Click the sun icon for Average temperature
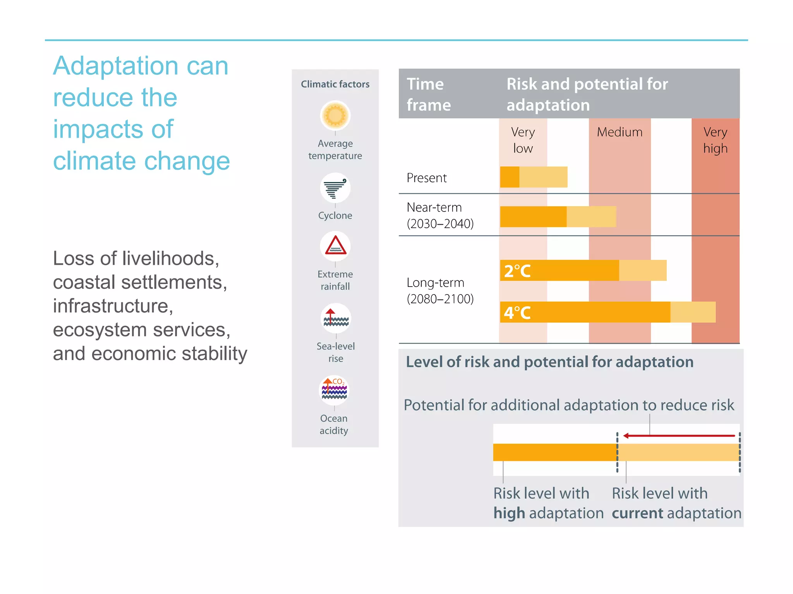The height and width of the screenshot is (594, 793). click(335, 116)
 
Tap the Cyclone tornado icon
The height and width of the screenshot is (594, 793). click(335, 188)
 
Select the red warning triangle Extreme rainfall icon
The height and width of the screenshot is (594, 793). click(335, 246)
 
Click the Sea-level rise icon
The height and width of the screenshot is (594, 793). click(336, 318)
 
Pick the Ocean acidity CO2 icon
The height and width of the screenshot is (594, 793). click(334, 390)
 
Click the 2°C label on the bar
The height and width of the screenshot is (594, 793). click(517, 271)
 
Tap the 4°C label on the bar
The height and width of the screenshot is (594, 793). click(517, 312)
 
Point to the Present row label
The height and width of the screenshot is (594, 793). click(426, 178)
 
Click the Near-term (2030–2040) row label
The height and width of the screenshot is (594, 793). click(440, 215)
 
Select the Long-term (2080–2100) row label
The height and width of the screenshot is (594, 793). click(440, 290)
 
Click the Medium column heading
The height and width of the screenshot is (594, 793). click(620, 132)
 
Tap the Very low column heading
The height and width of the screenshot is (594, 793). click(523, 140)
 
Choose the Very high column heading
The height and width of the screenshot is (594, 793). click(715, 140)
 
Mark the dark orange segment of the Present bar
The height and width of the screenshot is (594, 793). click(510, 177)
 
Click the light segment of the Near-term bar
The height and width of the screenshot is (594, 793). click(591, 217)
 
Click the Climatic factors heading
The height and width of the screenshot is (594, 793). click(335, 84)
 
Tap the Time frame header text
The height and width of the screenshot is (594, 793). click(428, 94)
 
